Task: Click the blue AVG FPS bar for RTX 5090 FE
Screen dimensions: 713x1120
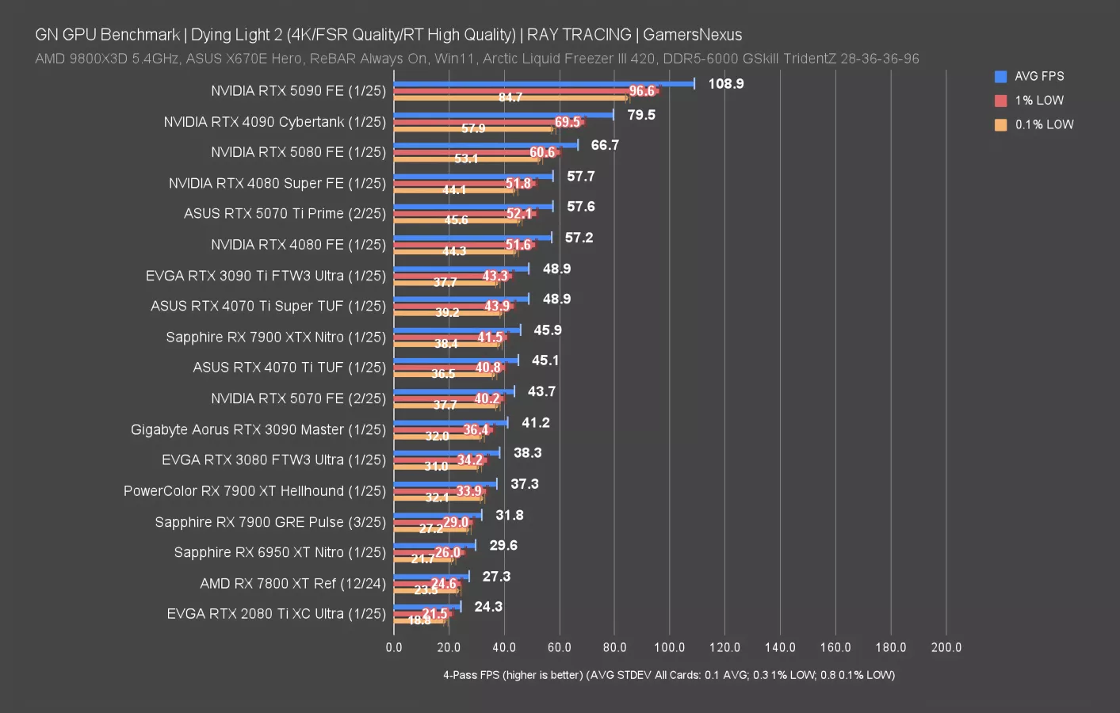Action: [544, 83]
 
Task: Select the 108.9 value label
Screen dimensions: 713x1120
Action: [725, 84]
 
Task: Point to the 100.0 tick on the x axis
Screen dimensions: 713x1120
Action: [669, 647]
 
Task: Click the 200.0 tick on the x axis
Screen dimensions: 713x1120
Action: [946, 647]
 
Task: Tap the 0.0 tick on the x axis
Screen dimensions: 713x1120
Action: [394, 647]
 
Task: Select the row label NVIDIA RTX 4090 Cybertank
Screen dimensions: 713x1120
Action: [274, 122]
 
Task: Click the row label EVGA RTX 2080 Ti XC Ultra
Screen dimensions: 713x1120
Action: [276, 614]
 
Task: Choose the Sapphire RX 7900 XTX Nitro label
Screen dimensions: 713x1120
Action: [276, 337]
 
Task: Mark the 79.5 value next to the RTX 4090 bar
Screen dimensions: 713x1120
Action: [641, 115]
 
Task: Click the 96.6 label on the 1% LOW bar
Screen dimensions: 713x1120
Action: [642, 91]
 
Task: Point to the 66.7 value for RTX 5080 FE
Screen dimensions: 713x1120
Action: [605, 145]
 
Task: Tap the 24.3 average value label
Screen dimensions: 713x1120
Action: [488, 607]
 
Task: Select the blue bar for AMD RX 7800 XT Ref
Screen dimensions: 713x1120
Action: [431, 576]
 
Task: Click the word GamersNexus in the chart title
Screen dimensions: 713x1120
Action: [692, 35]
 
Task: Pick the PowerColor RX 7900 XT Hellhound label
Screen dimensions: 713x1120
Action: [254, 491]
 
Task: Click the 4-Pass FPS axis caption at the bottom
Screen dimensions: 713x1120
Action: [668, 675]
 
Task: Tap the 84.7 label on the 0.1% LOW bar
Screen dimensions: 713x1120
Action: [510, 97]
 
